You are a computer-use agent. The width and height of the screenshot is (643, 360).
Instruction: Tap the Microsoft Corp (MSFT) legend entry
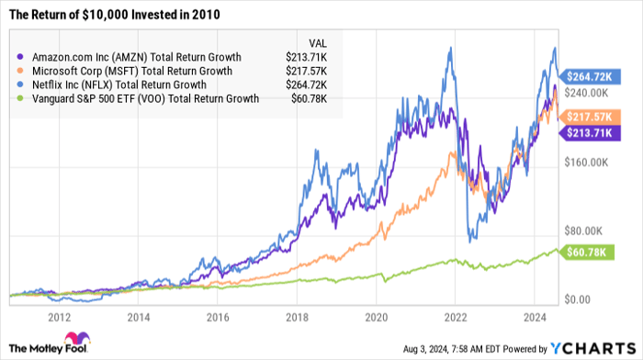click(128, 70)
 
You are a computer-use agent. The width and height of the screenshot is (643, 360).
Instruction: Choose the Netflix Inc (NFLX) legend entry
click(120, 84)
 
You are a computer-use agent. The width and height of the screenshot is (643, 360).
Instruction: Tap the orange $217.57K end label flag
click(592, 118)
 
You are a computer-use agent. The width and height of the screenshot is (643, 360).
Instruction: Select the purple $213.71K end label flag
click(592, 133)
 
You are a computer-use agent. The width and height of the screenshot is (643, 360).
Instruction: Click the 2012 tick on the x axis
click(61, 317)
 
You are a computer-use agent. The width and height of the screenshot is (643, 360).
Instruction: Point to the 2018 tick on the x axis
click(297, 317)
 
